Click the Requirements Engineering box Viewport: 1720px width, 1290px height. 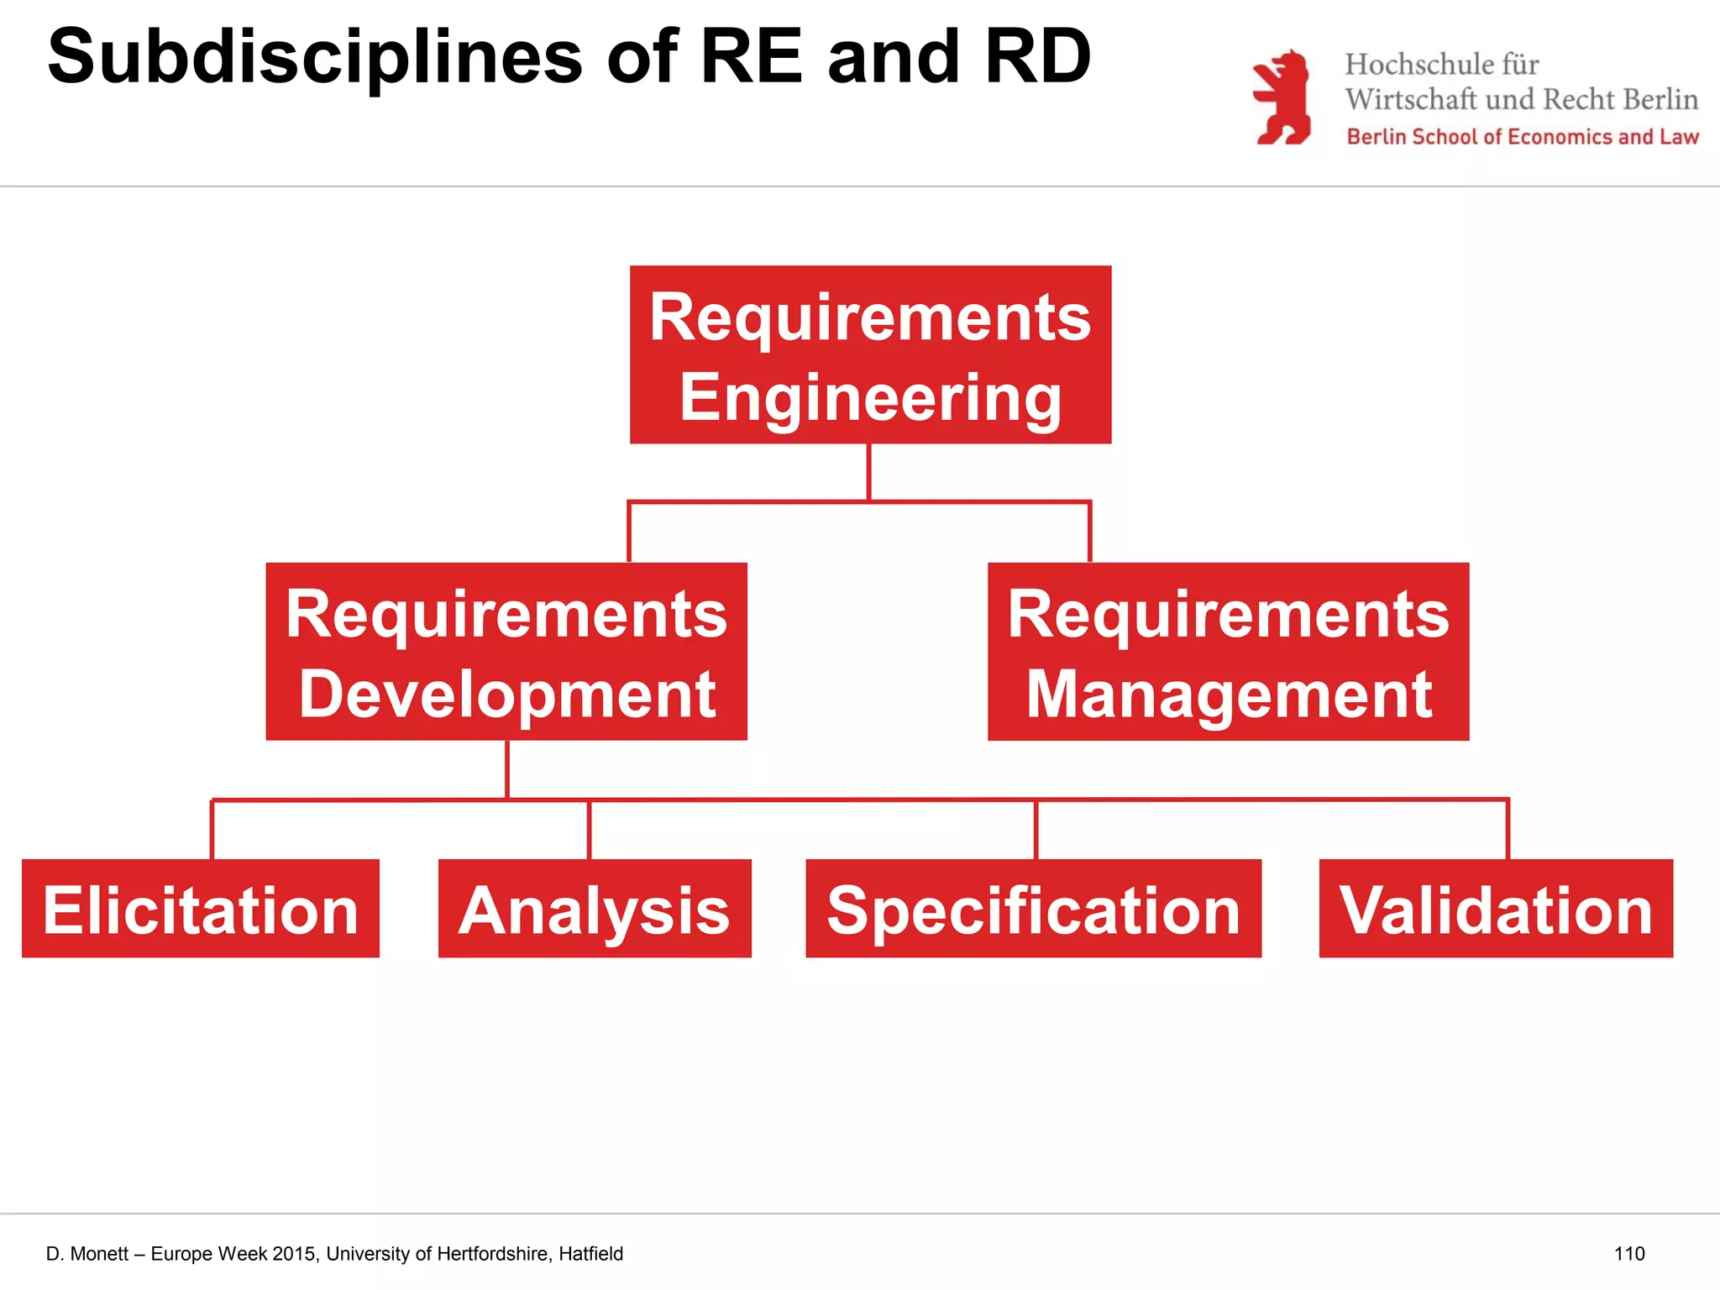pyautogui.click(x=870, y=354)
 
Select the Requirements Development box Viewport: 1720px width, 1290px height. pyautogui.click(x=506, y=651)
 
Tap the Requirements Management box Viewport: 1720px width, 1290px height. pyautogui.click(x=1228, y=651)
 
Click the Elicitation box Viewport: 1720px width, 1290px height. pyautogui.click(x=201, y=909)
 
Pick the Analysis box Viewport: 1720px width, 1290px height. pyautogui.click(x=595, y=909)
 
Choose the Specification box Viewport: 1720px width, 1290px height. pyautogui.click(x=1033, y=909)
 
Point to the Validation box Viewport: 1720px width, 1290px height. pyautogui.click(x=1496, y=909)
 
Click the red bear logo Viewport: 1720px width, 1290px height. pyautogui.click(x=1282, y=97)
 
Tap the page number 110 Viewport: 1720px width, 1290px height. pyautogui.click(x=1628, y=1254)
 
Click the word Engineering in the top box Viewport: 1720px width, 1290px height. pyautogui.click(x=870, y=397)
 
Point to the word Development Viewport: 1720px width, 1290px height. pyautogui.click(x=507, y=694)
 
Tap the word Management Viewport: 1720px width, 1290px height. pyautogui.click(x=1229, y=694)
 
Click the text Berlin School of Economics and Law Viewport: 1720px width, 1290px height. pyautogui.click(x=1522, y=137)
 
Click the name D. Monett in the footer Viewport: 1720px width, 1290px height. pyautogui.click(x=87, y=1254)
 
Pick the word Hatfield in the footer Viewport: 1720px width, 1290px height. pyautogui.click(x=591, y=1254)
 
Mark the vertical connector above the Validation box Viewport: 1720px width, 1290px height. pyautogui.click(x=1508, y=830)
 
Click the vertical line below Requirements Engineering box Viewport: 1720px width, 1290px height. pyautogui.click(x=868, y=472)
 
